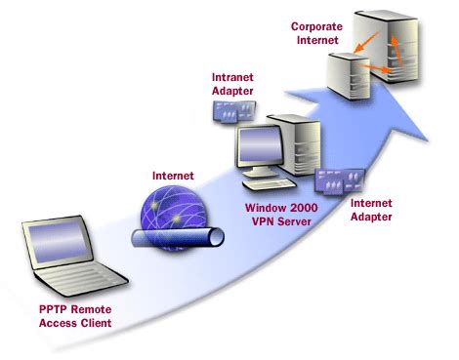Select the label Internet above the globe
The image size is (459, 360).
pyautogui.click(x=172, y=175)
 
